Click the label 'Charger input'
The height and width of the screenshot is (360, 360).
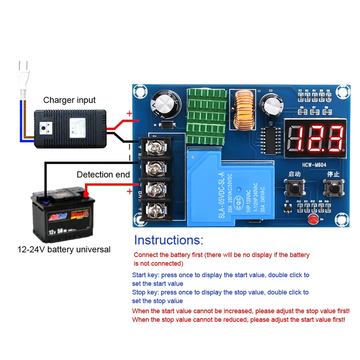(x=69, y=100)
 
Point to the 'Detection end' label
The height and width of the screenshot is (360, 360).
(x=103, y=175)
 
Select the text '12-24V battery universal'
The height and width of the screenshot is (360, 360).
(x=64, y=249)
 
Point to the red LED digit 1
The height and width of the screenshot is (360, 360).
(x=295, y=139)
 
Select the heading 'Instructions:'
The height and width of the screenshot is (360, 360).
(x=168, y=240)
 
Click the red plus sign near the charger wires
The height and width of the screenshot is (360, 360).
(x=129, y=114)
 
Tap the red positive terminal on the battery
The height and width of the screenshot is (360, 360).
(x=86, y=194)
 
